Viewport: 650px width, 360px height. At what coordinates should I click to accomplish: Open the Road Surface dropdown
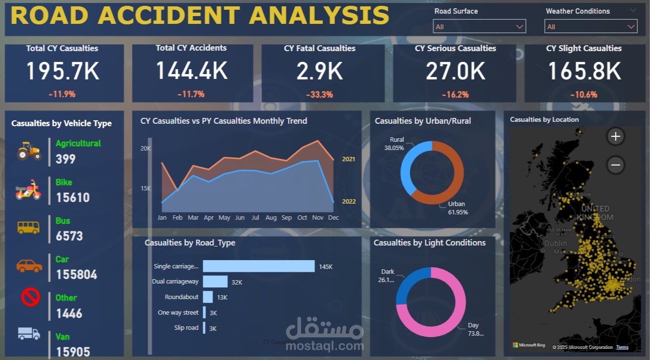click(x=479, y=27)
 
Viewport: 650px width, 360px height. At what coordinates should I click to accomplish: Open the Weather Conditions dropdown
click(x=590, y=27)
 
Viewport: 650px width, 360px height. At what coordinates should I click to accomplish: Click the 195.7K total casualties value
click(x=62, y=71)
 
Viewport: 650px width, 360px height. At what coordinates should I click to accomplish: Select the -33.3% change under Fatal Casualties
click(x=319, y=95)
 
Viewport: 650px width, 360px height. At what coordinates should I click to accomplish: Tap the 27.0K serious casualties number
click(x=455, y=71)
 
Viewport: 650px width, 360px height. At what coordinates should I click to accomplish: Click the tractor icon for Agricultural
click(x=29, y=151)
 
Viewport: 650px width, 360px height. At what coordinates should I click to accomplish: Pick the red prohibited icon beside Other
click(x=30, y=297)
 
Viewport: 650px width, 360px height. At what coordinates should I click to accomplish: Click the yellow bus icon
click(x=29, y=227)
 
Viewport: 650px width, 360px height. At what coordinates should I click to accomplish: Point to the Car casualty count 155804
click(x=76, y=275)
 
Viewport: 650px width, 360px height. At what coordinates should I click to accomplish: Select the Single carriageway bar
click(x=258, y=266)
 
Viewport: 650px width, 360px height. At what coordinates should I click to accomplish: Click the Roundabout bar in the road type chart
click(x=208, y=297)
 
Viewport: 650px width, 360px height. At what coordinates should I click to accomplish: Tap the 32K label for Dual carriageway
click(x=237, y=282)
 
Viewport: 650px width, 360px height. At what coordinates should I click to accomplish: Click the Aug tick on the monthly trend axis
click(x=271, y=218)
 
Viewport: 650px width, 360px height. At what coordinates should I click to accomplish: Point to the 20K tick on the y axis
click(x=146, y=149)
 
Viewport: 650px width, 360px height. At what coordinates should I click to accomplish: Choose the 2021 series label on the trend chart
click(x=348, y=159)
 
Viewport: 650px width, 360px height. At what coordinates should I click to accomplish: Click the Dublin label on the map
click(x=555, y=243)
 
